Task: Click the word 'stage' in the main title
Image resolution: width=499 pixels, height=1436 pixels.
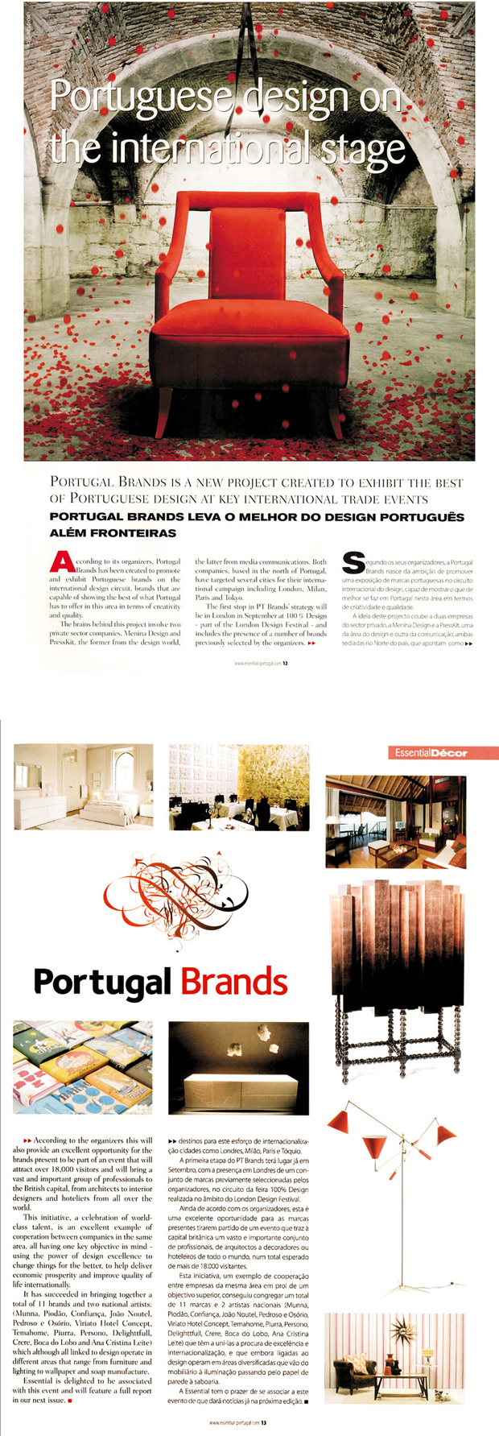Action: [x=360, y=149]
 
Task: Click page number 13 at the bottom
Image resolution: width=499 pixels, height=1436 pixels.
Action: [x=262, y=1422]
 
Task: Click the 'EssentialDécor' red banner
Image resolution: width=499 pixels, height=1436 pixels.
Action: [x=442, y=753]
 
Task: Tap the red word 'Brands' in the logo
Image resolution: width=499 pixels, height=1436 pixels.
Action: [x=234, y=983]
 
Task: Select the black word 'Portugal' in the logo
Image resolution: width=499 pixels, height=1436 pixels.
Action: [x=102, y=983]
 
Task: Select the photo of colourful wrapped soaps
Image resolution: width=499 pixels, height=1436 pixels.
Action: [x=83, y=1068]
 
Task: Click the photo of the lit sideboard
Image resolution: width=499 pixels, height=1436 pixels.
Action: [x=239, y=1068]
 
